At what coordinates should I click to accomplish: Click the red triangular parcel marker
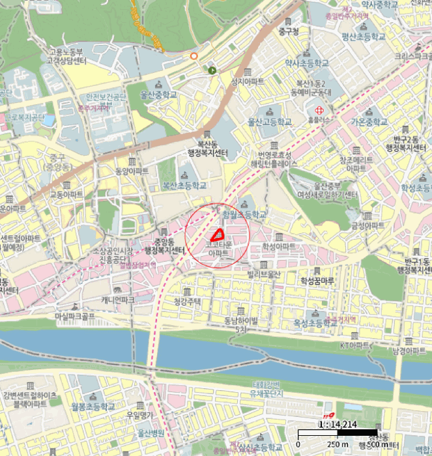pyautogui.click(x=217, y=235)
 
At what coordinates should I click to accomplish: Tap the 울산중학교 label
pyautogui.click(x=159, y=94)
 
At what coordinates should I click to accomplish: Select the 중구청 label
pyautogui.click(x=287, y=31)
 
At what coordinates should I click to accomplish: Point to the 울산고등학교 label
pyautogui.click(x=269, y=122)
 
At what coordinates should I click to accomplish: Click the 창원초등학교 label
pyautogui.click(x=245, y=214)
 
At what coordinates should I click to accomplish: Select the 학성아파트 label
pyautogui.click(x=279, y=247)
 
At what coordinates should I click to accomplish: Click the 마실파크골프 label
pyautogui.click(x=75, y=315)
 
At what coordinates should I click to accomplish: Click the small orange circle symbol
pyautogui.click(x=194, y=56)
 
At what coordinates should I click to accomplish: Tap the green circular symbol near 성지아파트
pyautogui.click(x=212, y=70)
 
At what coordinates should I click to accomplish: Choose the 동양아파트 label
pyautogui.click(x=132, y=171)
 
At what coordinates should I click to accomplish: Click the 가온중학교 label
pyautogui.click(x=370, y=122)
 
